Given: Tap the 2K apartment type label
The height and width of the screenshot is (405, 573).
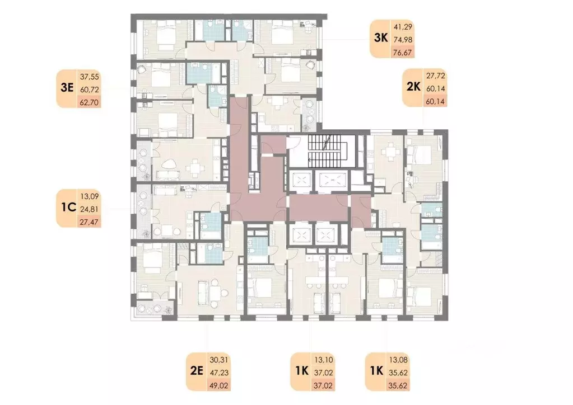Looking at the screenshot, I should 413,87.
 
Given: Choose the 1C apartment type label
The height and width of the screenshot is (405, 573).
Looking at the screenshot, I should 67,208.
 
